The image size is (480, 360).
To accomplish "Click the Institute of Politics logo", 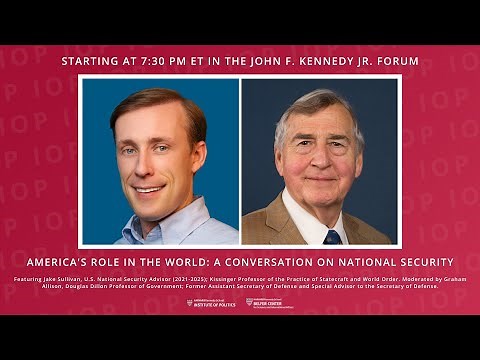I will [211, 302].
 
